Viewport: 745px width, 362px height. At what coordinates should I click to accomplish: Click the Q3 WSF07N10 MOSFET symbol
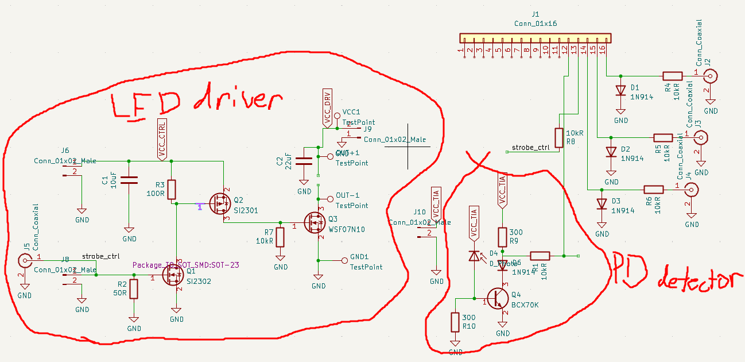315,222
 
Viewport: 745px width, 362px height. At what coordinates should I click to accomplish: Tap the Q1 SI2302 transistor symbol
173,276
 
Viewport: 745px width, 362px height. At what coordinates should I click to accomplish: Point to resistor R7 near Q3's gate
280,237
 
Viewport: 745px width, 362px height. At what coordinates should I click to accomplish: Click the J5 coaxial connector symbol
25,261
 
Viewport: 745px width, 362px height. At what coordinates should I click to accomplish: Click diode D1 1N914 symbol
620,90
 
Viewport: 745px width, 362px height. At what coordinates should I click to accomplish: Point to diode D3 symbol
602,204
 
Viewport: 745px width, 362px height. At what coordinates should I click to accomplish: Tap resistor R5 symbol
663,137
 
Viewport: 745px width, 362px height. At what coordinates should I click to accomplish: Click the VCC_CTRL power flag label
162,140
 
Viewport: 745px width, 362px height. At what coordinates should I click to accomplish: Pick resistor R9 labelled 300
502,237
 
